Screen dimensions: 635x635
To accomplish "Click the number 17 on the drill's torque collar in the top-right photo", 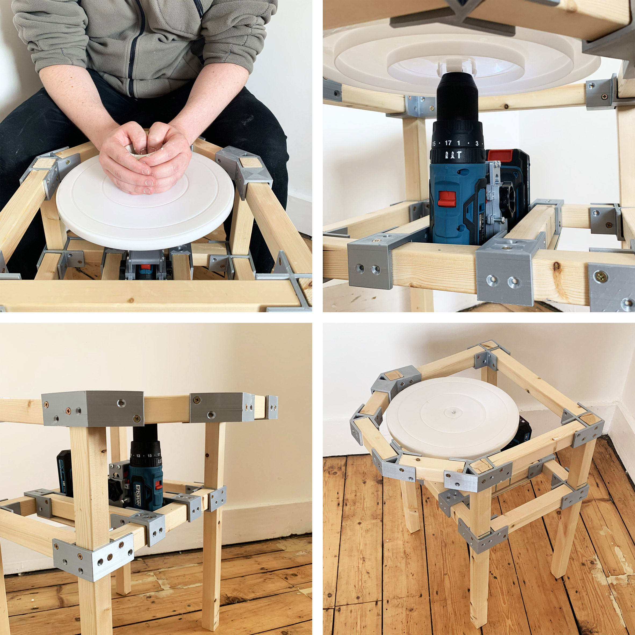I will click(448, 143).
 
